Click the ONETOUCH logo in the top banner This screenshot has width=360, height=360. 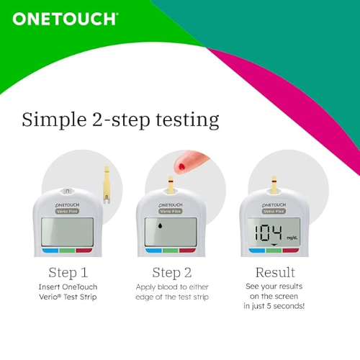pyautogui.click(x=66, y=19)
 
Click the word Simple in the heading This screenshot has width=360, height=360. pyautogui.click(x=54, y=120)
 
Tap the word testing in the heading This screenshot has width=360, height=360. pyautogui.click(x=187, y=120)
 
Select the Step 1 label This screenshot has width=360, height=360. pyautogui.click(x=68, y=273)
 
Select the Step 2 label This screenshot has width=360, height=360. pyautogui.click(x=172, y=273)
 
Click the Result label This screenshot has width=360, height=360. pyautogui.click(x=275, y=272)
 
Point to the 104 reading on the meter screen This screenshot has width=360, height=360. pyautogui.click(x=269, y=233)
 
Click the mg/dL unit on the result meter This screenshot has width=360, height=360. pyautogui.click(x=292, y=238)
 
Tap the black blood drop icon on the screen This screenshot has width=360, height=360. pyautogui.click(x=160, y=225)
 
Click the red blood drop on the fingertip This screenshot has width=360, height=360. pyautogui.click(x=181, y=166)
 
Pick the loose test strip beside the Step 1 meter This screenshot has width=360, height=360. pyautogui.click(x=107, y=185)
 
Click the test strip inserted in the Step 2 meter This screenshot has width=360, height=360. pyautogui.click(x=171, y=184)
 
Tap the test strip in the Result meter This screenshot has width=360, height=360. pyautogui.click(x=274, y=184)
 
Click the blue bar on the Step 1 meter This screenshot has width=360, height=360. pyautogui.click(x=50, y=251)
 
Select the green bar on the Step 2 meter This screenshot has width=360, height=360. pyautogui.click(x=171, y=251)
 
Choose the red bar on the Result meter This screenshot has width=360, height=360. pyautogui.click(x=291, y=251)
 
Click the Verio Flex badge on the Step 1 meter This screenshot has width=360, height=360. pyautogui.click(x=67, y=212)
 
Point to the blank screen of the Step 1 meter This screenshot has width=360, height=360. pyautogui.click(x=67, y=232)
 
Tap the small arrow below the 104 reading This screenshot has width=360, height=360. pyautogui.click(x=274, y=245)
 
